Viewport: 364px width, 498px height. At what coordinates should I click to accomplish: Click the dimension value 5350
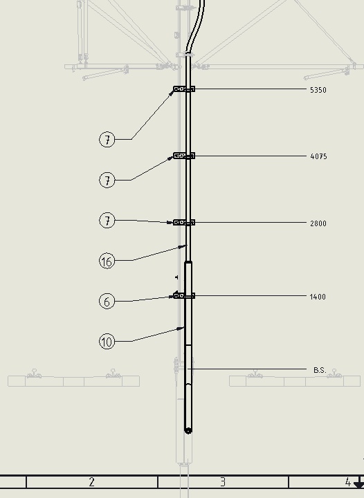pyautogui.click(x=318, y=90)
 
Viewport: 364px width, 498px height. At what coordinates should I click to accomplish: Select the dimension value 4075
pyautogui.click(x=318, y=156)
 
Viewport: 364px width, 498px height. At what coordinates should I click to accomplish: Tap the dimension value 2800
pyautogui.click(x=318, y=223)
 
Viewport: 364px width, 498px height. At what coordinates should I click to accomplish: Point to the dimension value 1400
pyautogui.click(x=318, y=297)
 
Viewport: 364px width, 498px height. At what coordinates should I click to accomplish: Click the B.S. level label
pyautogui.click(x=320, y=370)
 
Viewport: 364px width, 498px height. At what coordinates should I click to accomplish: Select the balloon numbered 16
pyautogui.click(x=107, y=261)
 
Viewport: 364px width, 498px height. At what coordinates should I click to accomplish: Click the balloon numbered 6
pyautogui.click(x=107, y=301)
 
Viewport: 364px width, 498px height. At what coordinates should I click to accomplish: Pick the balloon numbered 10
pyautogui.click(x=107, y=342)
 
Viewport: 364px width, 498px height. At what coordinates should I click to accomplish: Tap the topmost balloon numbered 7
pyautogui.click(x=107, y=140)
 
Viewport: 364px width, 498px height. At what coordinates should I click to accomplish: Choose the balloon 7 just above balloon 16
pyautogui.click(x=107, y=221)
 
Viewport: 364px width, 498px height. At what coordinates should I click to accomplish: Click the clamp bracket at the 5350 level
pyautogui.click(x=184, y=89)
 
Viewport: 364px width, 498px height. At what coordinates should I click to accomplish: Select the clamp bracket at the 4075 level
pyautogui.click(x=184, y=156)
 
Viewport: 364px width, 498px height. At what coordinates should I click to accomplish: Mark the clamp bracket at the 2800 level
pyautogui.click(x=184, y=222)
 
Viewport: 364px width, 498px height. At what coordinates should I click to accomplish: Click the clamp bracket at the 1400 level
pyautogui.click(x=184, y=296)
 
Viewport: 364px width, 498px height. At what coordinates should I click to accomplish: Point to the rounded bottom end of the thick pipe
pyautogui.click(x=188, y=431)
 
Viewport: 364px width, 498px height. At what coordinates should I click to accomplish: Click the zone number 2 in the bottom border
pyautogui.click(x=92, y=482)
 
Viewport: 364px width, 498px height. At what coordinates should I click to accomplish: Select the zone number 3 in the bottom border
pyautogui.click(x=223, y=482)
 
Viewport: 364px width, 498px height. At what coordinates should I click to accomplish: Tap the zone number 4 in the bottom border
pyautogui.click(x=348, y=482)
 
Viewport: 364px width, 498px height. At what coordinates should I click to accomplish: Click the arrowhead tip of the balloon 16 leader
pyautogui.click(x=188, y=245)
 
